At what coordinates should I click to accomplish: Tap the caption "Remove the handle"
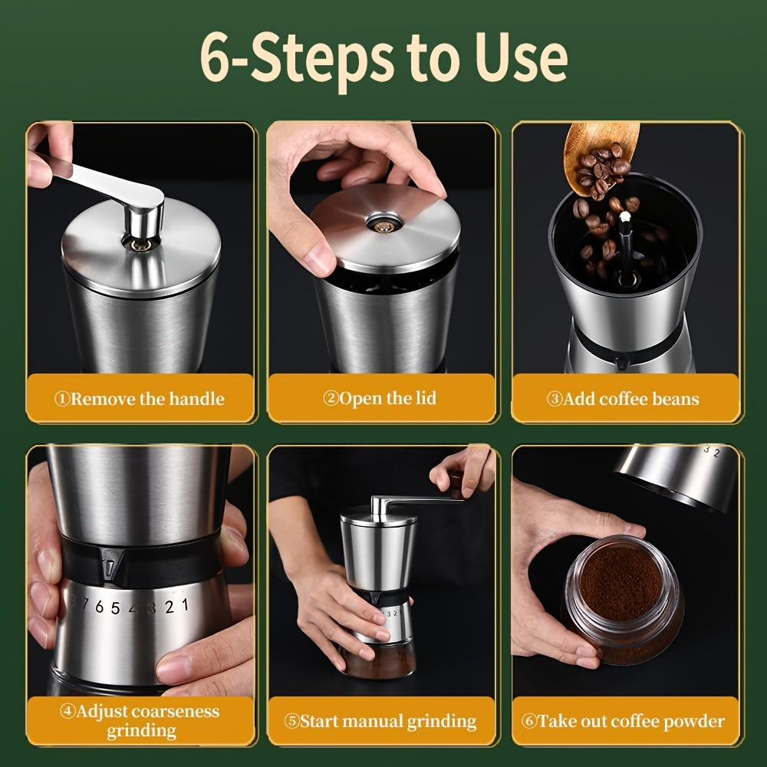[x=140, y=399]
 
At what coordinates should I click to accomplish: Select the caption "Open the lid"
[x=380, y=398]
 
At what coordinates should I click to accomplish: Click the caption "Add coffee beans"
[x=624, y=399]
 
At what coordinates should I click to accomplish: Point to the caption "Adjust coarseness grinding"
[x=141, y=720]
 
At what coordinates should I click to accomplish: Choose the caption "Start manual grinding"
[x=380, y=722]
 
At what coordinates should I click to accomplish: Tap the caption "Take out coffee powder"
[x=624, y=721]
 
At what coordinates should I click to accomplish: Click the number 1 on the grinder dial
[x=184, y=606]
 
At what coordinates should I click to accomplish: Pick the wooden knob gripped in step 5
[x=458, y=483]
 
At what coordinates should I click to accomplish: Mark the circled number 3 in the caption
[x=554, y=400]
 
